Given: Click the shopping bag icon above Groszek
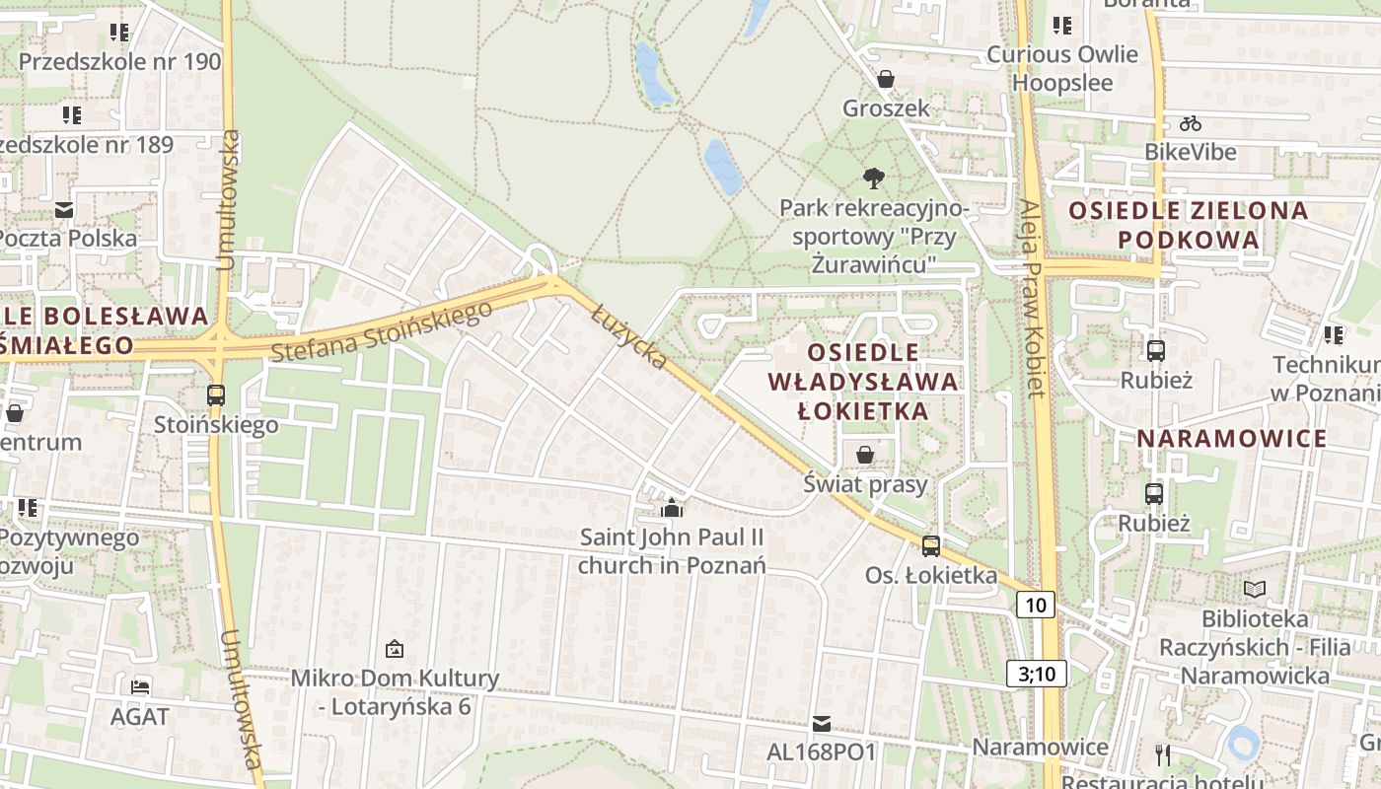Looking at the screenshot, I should click(x=886, y=79).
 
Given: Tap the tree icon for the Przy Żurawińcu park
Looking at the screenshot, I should click(x=873, y=179).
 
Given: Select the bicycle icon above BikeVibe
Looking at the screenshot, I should click(x=1191, y=123).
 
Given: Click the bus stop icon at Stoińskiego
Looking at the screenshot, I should click(x=216, y=395).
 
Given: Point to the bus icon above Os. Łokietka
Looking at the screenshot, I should click(x=931, y=545).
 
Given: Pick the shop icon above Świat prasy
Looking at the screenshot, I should click(x=865, y=455).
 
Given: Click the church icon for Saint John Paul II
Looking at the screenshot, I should click(x=672, y=508).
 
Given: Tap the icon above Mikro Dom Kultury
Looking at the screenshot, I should click(x=395, y=649).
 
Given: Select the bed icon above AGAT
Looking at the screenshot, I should click(x=140, y=686).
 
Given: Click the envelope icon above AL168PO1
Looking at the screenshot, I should click(x=821, y=724).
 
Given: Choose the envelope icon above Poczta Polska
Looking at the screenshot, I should click(x=64, y=209).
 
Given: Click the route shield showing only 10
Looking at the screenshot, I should click(x=1036, y=605).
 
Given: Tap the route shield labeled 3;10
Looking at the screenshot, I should click(x=1037, y=674).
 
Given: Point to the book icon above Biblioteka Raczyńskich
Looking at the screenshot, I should click(x=1254, y=589).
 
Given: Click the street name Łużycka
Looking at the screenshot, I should click(x=629, y=338).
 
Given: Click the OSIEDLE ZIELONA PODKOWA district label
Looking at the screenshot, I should click(x=1188, y=225).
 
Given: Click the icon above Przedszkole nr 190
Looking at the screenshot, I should click(x=119, y=33).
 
